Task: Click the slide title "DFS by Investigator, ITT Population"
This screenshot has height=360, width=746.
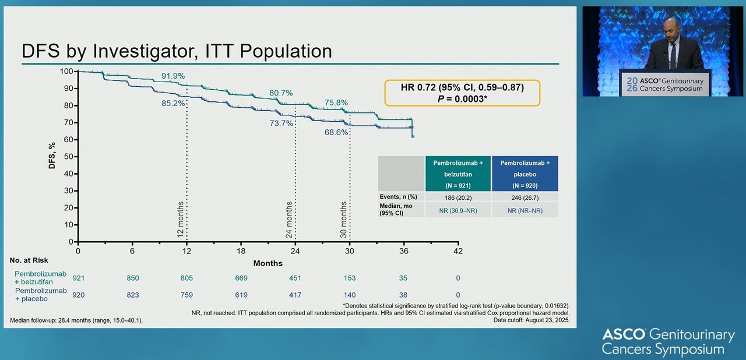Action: tap(177, 51)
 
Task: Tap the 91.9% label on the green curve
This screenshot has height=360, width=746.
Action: tap(173, 76)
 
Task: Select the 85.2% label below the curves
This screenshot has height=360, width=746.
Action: tap(174, 103)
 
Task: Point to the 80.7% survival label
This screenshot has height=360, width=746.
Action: tap(281, 93)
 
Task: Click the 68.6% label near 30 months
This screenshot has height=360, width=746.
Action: tap(336, 132)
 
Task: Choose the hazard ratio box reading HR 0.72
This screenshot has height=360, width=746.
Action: tap(462, 93)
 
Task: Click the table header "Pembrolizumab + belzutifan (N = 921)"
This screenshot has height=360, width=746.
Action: tap(458, 174)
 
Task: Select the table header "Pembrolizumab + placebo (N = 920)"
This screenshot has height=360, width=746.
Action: tap(525, 174)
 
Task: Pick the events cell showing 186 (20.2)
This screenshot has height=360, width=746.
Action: tap(458, 197)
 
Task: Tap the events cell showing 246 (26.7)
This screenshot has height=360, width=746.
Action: tap(525, 197)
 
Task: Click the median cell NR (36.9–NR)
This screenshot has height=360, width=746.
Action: tap(458, 210)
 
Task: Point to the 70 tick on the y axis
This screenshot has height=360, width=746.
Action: tap(69, 122)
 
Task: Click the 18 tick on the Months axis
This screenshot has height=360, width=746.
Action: tap(241, 251)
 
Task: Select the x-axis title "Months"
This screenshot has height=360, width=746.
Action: tap(268, 263)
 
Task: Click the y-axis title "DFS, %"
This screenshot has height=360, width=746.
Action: tap(52, 156)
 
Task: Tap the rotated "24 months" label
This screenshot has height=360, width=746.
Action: tap(290, 219)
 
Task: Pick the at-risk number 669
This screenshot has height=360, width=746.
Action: tap(241, 278)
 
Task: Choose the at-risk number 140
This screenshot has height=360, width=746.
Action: tap(350, 295)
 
